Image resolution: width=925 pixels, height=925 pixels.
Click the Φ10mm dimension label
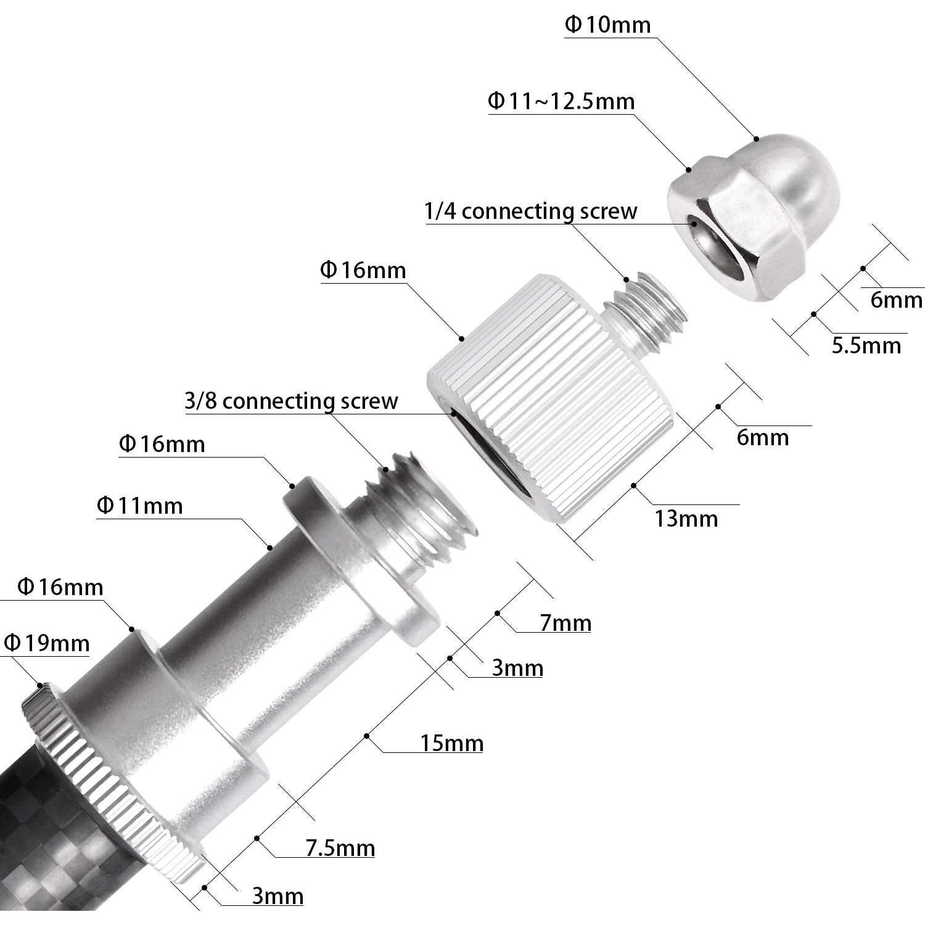point(607,25)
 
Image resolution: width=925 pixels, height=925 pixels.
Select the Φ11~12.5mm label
point(561,101)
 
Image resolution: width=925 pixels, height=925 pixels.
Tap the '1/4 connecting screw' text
point(530,212)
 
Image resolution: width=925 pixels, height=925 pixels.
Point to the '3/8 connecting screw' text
point(291,401)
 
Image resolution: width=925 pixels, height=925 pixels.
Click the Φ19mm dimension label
point(46,644)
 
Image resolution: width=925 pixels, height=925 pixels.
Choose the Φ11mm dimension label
point(140,506)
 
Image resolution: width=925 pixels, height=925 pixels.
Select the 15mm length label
point(451,744)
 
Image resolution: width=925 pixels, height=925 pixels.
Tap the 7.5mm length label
point(340,849)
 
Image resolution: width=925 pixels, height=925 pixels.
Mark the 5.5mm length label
point(866,346)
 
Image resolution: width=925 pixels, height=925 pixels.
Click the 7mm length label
point(565,623)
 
